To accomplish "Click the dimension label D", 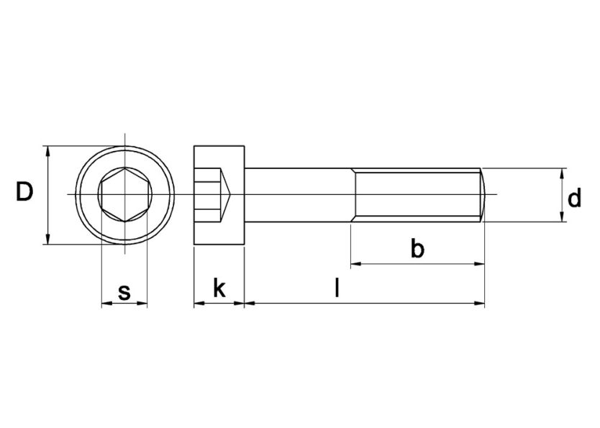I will point(24,193).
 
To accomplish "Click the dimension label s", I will point(124,291).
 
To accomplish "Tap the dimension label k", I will point(219,289).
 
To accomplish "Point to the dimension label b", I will point(417,249).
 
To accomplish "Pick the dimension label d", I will point(574,198).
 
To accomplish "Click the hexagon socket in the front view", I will point(124,195).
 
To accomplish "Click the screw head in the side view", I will point(219,195).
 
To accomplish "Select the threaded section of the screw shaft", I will point(417,195).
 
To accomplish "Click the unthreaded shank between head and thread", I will point(299,195).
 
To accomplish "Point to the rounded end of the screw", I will point(485,195).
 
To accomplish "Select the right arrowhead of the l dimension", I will point(480,304).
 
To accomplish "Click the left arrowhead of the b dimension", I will point(355,264).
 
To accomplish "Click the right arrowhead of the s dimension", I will point(142,304).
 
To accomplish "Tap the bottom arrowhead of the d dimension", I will point(562,217).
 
